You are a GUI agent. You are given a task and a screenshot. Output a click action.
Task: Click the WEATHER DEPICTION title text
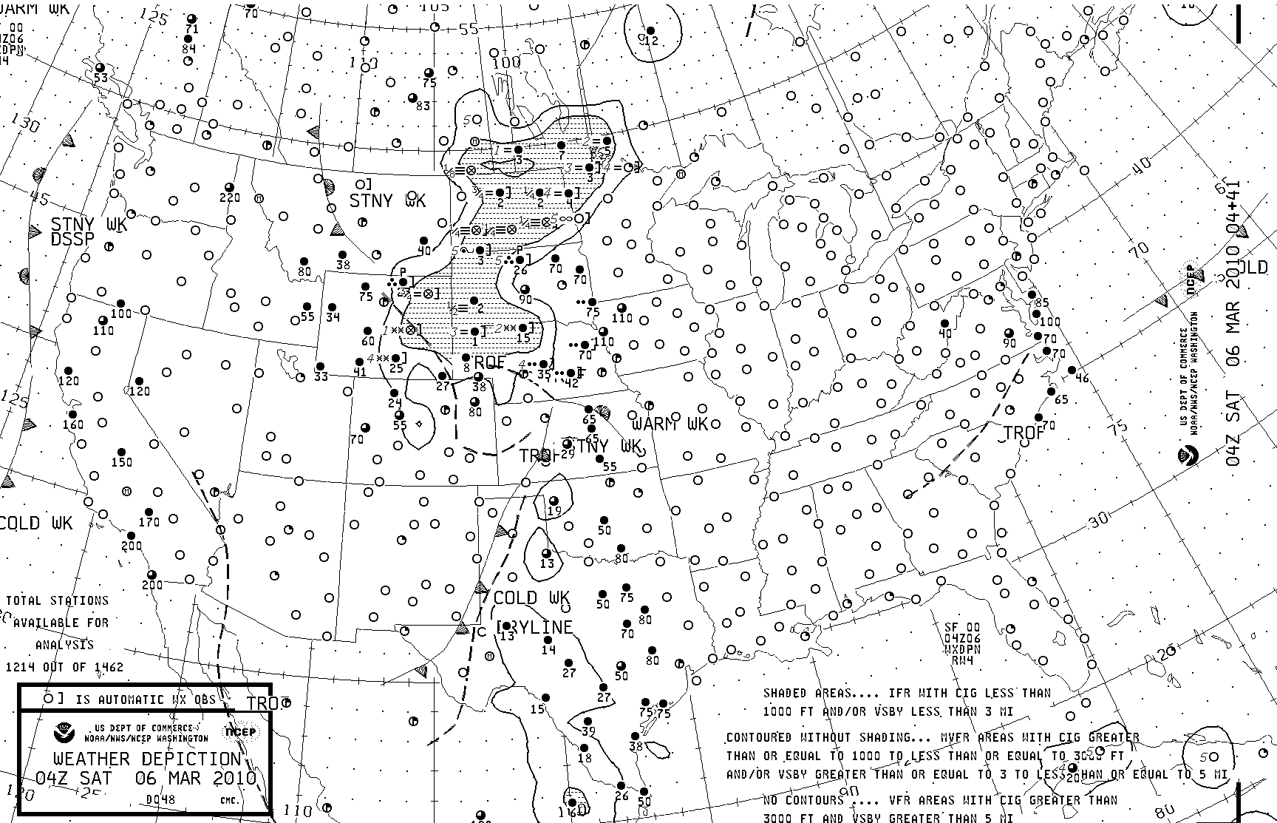(x=147, y=759)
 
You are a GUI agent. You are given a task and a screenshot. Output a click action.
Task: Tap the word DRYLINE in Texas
(x=536, y=627)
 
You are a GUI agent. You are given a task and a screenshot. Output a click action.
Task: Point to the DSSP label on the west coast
(x=73, y=240)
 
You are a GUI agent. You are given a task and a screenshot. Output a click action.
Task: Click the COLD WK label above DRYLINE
(x=531, y=597)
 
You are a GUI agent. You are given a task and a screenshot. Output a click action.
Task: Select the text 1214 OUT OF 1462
(x=65, y=667)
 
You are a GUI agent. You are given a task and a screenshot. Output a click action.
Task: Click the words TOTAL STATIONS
(x=58, y=600)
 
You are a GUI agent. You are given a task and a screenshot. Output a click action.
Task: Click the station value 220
(x=230, y=197)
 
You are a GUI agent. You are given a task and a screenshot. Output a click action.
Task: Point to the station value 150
(x=121, y=462)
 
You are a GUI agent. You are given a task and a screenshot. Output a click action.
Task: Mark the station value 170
(x=149, y=522)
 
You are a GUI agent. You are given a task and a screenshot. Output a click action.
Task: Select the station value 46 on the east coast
(x=1083, y=379)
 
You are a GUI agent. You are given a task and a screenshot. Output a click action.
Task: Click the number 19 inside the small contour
(x=554, y=511)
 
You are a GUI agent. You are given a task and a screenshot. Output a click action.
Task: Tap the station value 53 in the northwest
(x=101, y=78)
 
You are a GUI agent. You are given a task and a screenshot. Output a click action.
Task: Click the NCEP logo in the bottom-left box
(x=239, y=732)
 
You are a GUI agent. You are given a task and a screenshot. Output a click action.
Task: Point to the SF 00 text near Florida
(x=962, y=628)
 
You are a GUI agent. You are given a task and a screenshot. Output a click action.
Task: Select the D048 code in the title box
(x=160, y=799)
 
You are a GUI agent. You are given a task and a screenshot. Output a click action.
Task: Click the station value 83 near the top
(x=423, y=106)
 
